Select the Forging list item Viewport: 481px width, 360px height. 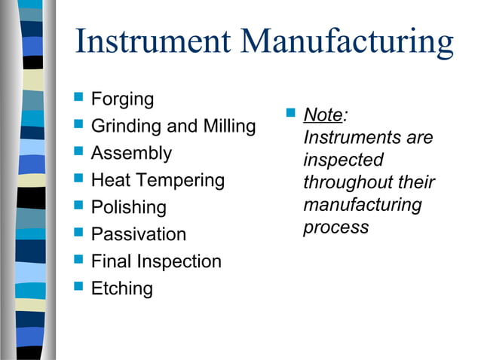pos(122,99)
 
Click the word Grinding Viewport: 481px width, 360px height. pos(122,127)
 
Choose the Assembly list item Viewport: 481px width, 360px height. pos(131,154)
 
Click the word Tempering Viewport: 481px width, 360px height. pos(185,181)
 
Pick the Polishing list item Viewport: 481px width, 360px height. pos(128,208)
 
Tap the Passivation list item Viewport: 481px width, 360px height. pos(138,234)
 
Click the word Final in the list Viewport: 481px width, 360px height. pos(111,261)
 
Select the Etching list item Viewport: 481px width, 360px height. pos(121,288)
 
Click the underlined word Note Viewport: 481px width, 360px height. pos(322,116)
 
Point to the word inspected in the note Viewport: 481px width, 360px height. pos(343,160)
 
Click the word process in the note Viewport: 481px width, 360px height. pos(335,227)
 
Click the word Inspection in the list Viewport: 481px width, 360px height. pos(179,261)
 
